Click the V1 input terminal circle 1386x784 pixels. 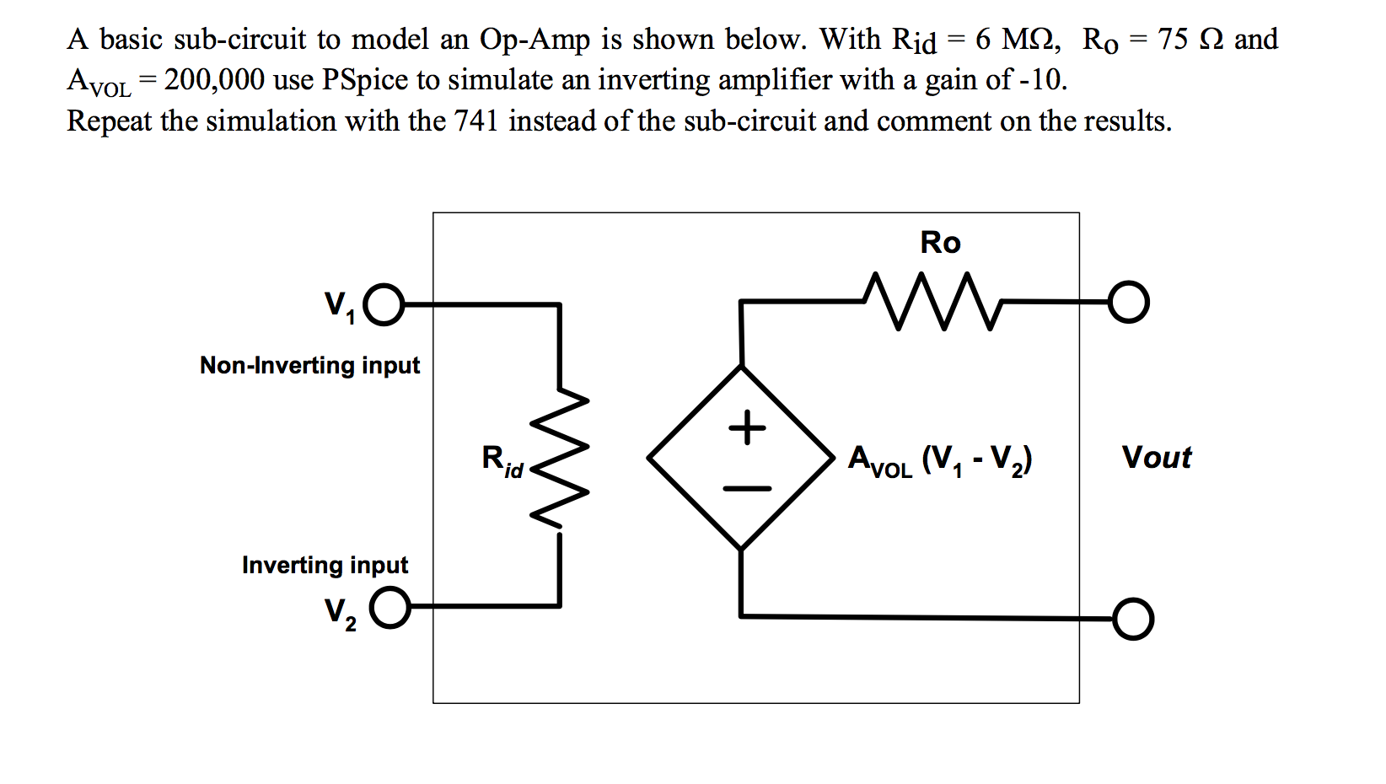tap(386, 304)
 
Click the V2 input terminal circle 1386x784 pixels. tap(389, 608)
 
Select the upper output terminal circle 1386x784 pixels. tap(1128, 302)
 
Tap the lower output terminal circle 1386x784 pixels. tap(1132, 620)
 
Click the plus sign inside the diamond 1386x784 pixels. tap(747, 427)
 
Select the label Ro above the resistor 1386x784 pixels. tap(940, 243)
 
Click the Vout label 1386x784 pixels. tap(1156, 458)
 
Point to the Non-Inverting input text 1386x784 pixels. tap(309, 365)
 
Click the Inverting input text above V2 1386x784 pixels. tap(325, 565)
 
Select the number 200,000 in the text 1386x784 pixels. tap(214, 80)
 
